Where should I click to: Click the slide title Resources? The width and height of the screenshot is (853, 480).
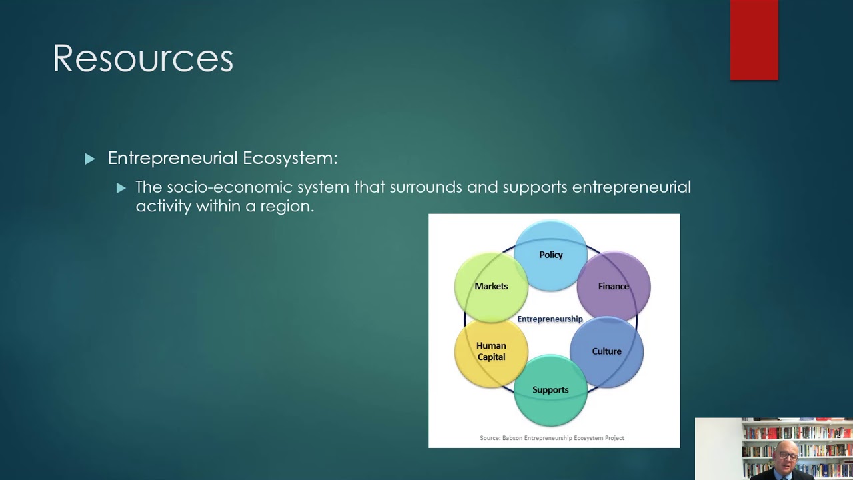(x=143, y=59)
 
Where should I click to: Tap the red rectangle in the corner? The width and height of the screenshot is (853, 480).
(x=754, y=40)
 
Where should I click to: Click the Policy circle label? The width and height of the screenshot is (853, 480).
(x=550, y=255)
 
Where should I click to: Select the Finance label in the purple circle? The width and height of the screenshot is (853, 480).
(x=613, y=286)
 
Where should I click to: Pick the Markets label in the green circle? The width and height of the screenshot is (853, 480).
(x=491, y=286)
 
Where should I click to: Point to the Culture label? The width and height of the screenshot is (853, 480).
(x=606, y=351)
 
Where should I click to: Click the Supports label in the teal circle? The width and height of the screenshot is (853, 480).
(x=550, y=390)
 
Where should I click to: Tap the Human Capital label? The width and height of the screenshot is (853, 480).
(x=491, y=351)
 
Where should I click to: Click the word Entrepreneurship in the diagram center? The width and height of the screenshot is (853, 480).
(x=550, y=319)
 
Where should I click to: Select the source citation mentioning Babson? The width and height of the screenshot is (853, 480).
(x=552, y=438)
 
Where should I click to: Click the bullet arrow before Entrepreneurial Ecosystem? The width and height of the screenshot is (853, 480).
(x=90, y=159)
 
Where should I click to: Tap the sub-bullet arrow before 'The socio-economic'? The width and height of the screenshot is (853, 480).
(x=121, y=188)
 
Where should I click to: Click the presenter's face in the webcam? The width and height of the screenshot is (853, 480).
(x=787, y=457)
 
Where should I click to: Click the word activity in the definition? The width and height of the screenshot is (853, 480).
(x=163, y=206)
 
